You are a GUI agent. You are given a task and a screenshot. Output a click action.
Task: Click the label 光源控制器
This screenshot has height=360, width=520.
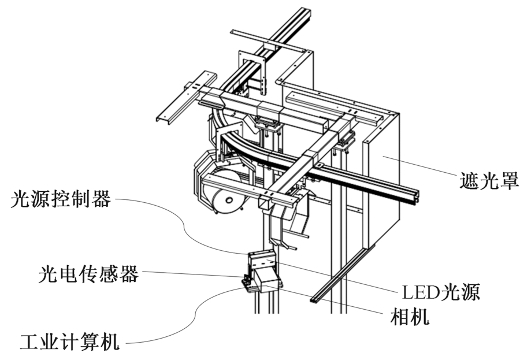click(61, 200)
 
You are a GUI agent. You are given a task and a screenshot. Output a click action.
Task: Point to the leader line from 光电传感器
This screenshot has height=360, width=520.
click(191, 274)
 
